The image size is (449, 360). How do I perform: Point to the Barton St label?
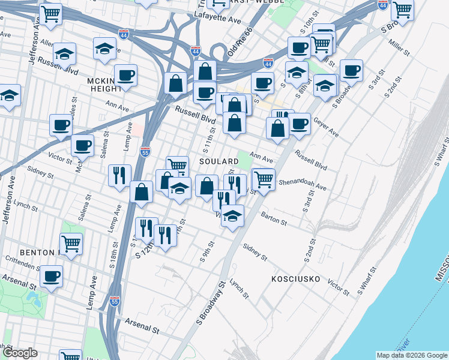(274, 217)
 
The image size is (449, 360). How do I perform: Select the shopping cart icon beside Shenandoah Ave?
(264, 178)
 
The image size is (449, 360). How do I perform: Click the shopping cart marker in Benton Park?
(71, 244)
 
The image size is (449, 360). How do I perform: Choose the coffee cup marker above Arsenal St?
(52, 276)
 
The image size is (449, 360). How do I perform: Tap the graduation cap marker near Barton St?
(232, 216)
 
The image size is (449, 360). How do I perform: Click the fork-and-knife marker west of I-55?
(119, 175)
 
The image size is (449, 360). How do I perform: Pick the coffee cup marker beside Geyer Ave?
(299, 124)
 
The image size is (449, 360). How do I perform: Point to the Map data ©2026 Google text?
(411, 355)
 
